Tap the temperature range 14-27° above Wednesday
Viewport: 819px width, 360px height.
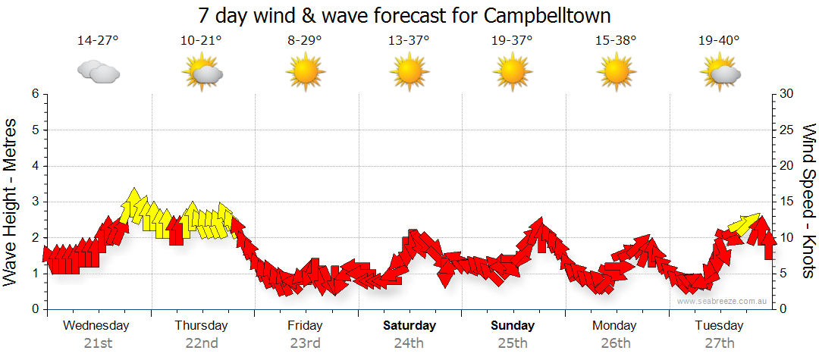tap(98, 41)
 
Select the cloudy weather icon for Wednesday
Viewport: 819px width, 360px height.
tap(99, 72)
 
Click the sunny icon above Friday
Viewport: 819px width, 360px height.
tap(305, 73)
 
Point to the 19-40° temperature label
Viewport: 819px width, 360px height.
tap(719, 41)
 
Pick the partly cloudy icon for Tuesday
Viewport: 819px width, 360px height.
tap(720, 73)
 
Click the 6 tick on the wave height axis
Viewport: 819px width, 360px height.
tap(35, 94)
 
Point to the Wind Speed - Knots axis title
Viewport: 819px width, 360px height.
tap(808, 201)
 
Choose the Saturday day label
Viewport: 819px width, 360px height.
tap(409, 326)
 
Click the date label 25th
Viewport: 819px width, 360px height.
tap(513, 343)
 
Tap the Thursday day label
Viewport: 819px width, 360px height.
tap(201, 326)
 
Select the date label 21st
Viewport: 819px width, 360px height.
tap(98, 343)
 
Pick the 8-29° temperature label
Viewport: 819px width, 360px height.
tap(305, 41)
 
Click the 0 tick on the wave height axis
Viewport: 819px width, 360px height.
tap(35, 309)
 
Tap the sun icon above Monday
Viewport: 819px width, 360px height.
tap(616, 73)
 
